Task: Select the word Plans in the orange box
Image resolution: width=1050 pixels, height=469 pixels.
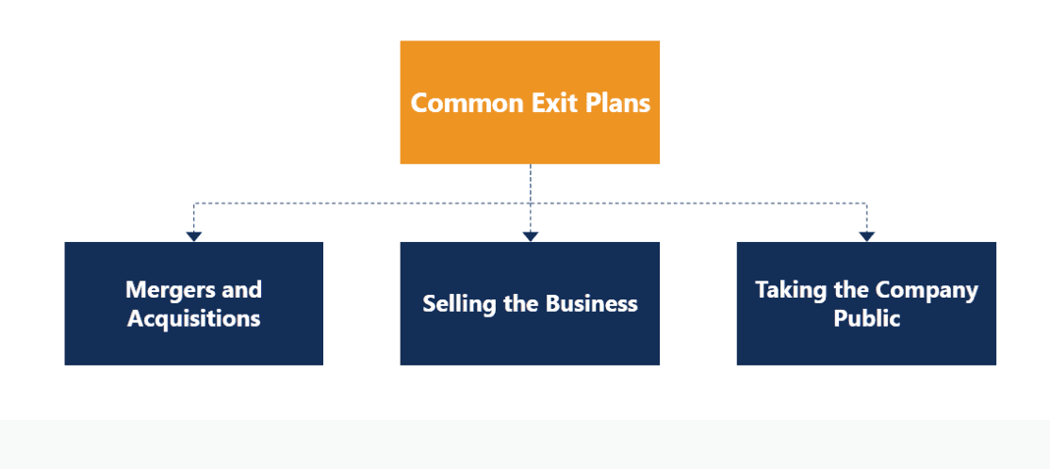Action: click(617, 102)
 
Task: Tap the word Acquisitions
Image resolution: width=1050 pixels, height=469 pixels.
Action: click(193, 318)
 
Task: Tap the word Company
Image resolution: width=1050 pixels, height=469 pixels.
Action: click(927, 290)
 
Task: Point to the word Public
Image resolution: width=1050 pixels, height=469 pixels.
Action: click(866, 318)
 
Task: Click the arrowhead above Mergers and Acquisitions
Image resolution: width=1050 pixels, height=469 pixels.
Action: click(193, 236)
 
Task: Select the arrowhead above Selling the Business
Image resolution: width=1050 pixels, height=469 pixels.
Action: click(530, 236)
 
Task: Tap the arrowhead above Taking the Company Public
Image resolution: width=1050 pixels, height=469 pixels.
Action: click(866, 236)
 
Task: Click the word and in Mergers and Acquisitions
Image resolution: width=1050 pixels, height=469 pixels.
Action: click(241, 289)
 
